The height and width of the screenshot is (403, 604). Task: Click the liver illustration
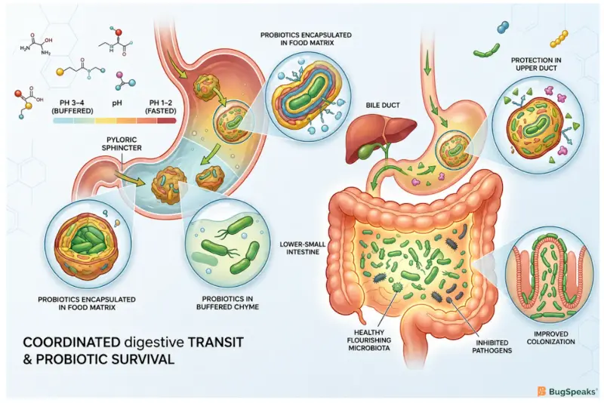point(380,135)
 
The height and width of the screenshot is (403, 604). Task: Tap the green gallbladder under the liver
point(366,151)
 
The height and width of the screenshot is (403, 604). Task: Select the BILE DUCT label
point(383,105)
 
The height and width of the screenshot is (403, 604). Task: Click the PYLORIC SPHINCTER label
point(122,143)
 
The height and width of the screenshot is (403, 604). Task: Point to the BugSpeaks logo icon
point(541,392)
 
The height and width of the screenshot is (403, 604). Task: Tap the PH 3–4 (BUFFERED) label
point(72,106)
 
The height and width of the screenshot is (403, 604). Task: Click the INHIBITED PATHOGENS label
point(492,346)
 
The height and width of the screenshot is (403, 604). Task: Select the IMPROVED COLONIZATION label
point(551,338)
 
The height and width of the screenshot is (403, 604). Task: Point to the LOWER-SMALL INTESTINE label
point(303,248)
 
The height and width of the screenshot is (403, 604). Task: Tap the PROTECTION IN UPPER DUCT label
point(536,64)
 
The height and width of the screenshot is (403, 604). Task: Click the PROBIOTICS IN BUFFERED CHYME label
point(227,303)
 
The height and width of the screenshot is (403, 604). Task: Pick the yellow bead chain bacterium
point(559,38)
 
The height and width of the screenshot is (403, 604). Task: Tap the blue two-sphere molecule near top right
point(503,26)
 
